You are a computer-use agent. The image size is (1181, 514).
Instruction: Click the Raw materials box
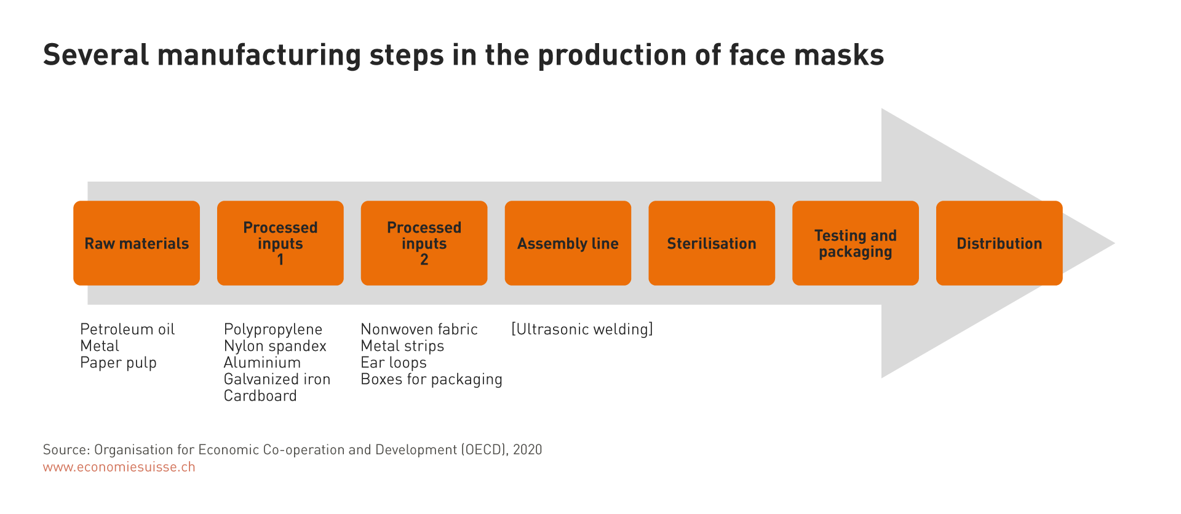pos(137,243)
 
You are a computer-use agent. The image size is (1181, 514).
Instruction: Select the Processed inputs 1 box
pos(280,243)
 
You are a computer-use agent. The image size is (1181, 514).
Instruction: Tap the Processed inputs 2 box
pos(424,243)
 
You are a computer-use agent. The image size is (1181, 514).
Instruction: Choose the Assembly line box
pos(568,243)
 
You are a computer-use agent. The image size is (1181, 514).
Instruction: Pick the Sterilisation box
pos(712,243)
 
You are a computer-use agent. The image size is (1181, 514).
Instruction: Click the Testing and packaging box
pos(856,243)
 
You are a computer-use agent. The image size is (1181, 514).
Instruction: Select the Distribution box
pos(1000,243)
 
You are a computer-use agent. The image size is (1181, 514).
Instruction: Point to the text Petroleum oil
pos(127,329)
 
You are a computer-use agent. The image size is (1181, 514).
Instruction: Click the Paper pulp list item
pos(118,363)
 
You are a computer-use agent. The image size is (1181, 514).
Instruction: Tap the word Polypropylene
pos(273,330)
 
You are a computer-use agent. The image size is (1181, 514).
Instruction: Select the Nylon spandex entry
pos(275,347)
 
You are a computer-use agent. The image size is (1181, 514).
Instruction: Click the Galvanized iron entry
pos(277,379)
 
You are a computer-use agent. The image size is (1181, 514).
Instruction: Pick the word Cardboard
pos(260,396)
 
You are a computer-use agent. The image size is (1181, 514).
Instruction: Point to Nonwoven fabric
pos(419,329)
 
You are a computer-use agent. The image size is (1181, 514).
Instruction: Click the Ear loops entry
pos(394,363)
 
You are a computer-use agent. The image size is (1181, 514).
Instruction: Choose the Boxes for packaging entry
pos(431,380)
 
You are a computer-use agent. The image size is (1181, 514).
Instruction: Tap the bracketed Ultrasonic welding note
pos(582,329)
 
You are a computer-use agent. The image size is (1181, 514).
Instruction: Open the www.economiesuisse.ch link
pos(119,467)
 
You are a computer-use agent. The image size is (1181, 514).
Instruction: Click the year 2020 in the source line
pos(527,450)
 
